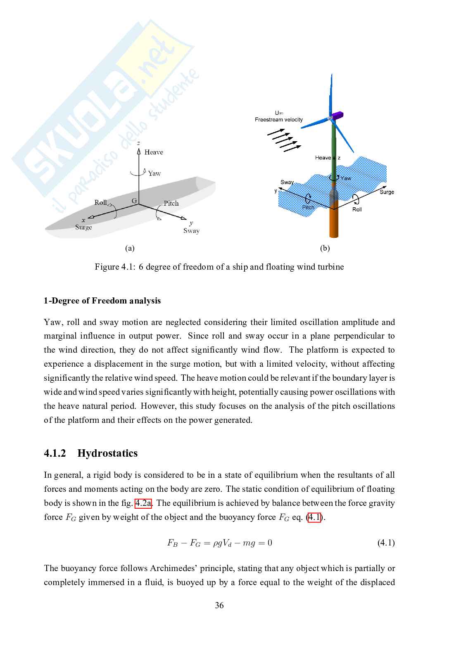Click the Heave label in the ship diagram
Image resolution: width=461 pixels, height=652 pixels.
click(154, 152)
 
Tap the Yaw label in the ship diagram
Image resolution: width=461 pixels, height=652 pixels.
click(154, 173)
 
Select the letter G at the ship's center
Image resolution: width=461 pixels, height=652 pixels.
click(134, 201)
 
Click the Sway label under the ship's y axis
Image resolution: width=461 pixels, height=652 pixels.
click(191, 231)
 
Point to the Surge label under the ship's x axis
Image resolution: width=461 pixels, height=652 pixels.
click(83, 227)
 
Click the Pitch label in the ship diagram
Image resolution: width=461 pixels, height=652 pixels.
click(171, 203)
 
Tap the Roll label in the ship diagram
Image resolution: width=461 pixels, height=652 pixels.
click(100, 202)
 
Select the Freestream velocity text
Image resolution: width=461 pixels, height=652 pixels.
click(279, 120)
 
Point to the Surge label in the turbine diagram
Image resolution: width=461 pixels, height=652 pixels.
click(387, 192)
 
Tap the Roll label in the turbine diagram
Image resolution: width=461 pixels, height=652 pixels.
click(357, 210)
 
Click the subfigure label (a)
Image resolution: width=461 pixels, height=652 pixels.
click(130, 248)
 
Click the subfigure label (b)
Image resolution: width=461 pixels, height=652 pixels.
click(325, 248)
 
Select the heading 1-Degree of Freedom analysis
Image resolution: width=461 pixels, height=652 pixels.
click(102, 301)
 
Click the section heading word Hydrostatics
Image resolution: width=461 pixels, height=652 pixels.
click(107, 453)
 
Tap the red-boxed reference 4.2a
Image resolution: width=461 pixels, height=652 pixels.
click(143, 503)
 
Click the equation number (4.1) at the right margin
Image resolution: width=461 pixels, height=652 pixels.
click(386, 543)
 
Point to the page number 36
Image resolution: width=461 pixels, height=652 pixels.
click(219, 605)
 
